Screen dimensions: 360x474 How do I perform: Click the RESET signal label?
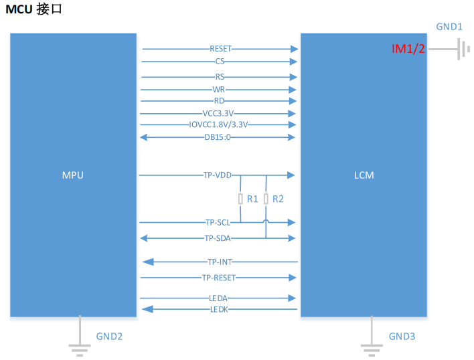[x=220, y=49]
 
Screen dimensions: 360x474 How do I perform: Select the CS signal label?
[x=220, y=62]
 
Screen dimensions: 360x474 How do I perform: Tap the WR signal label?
[x=219, y=89]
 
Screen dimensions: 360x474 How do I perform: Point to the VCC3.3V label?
[x=218, y=114]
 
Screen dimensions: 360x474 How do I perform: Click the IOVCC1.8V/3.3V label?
[x=218, y=124]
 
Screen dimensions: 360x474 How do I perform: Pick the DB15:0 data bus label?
[x=218, y=137]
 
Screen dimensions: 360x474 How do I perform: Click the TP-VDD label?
[x=218, y=175]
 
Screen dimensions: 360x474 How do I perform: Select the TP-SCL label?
[x=218, y=222]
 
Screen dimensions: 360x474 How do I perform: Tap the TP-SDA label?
[x=218, y=238]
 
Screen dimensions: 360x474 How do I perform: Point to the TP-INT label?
[x=220, y=262]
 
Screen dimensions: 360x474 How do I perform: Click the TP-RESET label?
[x=219, y=277]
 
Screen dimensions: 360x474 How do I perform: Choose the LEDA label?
[x=219, y=298]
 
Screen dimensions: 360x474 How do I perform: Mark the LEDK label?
[x=219, y=309]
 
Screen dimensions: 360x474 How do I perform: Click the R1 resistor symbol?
[x=241, y=199]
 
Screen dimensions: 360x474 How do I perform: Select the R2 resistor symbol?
[x=266, y=199]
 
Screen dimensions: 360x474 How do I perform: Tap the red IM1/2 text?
[x=408, y=49]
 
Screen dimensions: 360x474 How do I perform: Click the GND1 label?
[x=449, y=27]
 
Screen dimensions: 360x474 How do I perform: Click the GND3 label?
[x=402, y=337]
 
